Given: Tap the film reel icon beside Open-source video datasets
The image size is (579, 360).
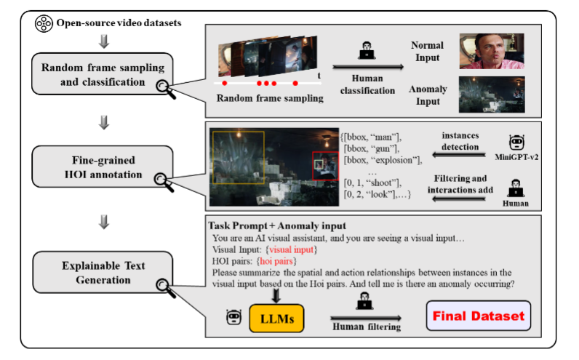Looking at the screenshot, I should pyautogui.click(x=44, y=24).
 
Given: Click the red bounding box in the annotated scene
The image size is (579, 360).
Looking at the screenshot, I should pyautogui.click(x=323, y=166).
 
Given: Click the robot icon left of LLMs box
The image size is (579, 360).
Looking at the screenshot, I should pyautogui.click(x=234, y=317).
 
